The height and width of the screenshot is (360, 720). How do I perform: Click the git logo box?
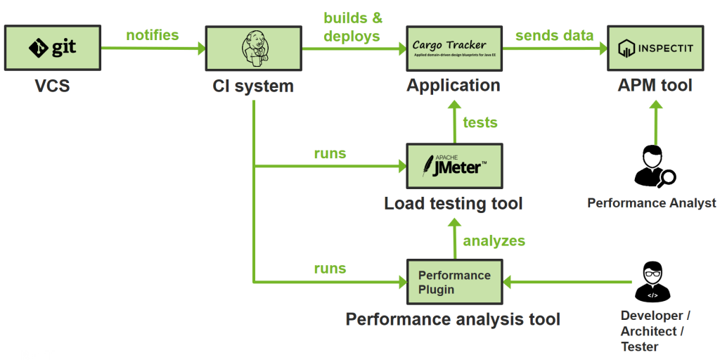(x=53, y=48)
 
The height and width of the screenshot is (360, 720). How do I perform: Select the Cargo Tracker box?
(x=454, y=48)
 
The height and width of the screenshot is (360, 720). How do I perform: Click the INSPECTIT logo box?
(x=655, y=48)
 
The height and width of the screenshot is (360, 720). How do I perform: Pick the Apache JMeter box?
(x=454, y=167)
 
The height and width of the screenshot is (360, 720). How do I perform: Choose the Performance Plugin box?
(x=454, y=282)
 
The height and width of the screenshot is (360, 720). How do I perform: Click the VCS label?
(x=53, y=86)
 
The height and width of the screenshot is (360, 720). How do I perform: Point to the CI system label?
(x=253, y=86)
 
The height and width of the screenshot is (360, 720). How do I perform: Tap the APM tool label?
(x=655, y=86)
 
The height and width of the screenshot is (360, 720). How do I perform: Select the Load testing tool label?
(x=454, y=204)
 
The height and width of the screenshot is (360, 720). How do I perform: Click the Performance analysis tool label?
(x=453, y=320)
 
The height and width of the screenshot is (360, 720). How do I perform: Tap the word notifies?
(x=152, y=34)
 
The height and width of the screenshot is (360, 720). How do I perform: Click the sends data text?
(x=554, y=34)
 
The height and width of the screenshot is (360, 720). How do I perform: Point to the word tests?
(x=480, y=122)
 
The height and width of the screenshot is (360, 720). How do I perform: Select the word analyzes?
(x=494, y=240)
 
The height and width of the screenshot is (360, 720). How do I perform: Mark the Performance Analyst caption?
(x=651, y=203)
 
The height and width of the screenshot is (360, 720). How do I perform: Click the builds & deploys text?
(x=352, y=27)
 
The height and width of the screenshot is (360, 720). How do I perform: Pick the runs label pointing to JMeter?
(x=330, y=153)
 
